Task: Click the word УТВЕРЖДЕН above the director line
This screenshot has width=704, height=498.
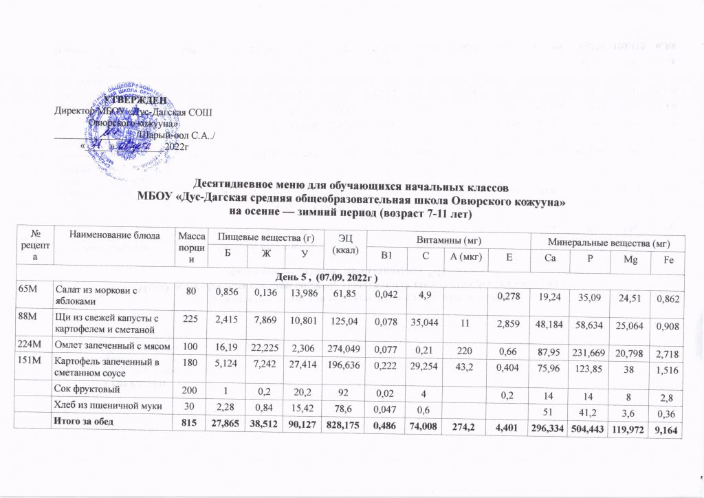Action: (x=135, y=102)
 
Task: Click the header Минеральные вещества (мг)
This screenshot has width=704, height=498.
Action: (x=607, y=242)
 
